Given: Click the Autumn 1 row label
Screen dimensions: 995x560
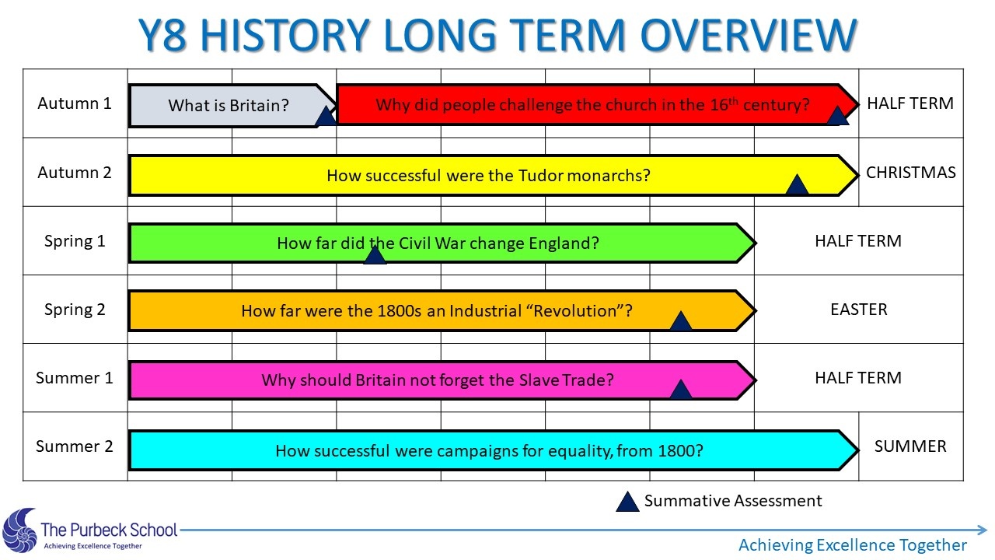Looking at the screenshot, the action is point(75,103).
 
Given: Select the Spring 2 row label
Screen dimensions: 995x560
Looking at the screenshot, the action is point(75,310).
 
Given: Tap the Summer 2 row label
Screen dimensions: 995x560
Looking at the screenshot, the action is point(75,446).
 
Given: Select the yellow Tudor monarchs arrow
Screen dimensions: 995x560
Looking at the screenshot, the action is point(493,175).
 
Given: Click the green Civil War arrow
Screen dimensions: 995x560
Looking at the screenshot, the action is point(442,243).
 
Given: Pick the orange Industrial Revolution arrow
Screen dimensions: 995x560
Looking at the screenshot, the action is point(442,310).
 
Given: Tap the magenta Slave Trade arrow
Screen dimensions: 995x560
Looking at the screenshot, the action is point(442,380).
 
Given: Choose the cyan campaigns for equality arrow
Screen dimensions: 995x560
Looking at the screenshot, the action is point(493,450).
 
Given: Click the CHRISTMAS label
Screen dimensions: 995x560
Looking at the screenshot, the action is point(910,173).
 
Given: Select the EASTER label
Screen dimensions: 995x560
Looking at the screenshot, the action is point(859,310).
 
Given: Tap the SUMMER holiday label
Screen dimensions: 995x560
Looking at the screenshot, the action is point(910,446).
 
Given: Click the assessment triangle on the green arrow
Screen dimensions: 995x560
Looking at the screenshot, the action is point(375,256).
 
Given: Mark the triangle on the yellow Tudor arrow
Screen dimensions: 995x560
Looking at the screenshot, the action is point(797,186).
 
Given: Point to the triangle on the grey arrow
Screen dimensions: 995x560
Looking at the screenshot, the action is point(326,117).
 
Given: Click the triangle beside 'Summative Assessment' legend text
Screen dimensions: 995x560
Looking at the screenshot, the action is point(627,502).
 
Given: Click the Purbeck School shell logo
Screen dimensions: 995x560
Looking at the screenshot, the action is point(19,530).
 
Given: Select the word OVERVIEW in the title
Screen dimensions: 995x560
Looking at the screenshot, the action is point(749,35).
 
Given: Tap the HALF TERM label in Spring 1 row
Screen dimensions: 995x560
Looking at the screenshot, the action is point(858,241).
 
